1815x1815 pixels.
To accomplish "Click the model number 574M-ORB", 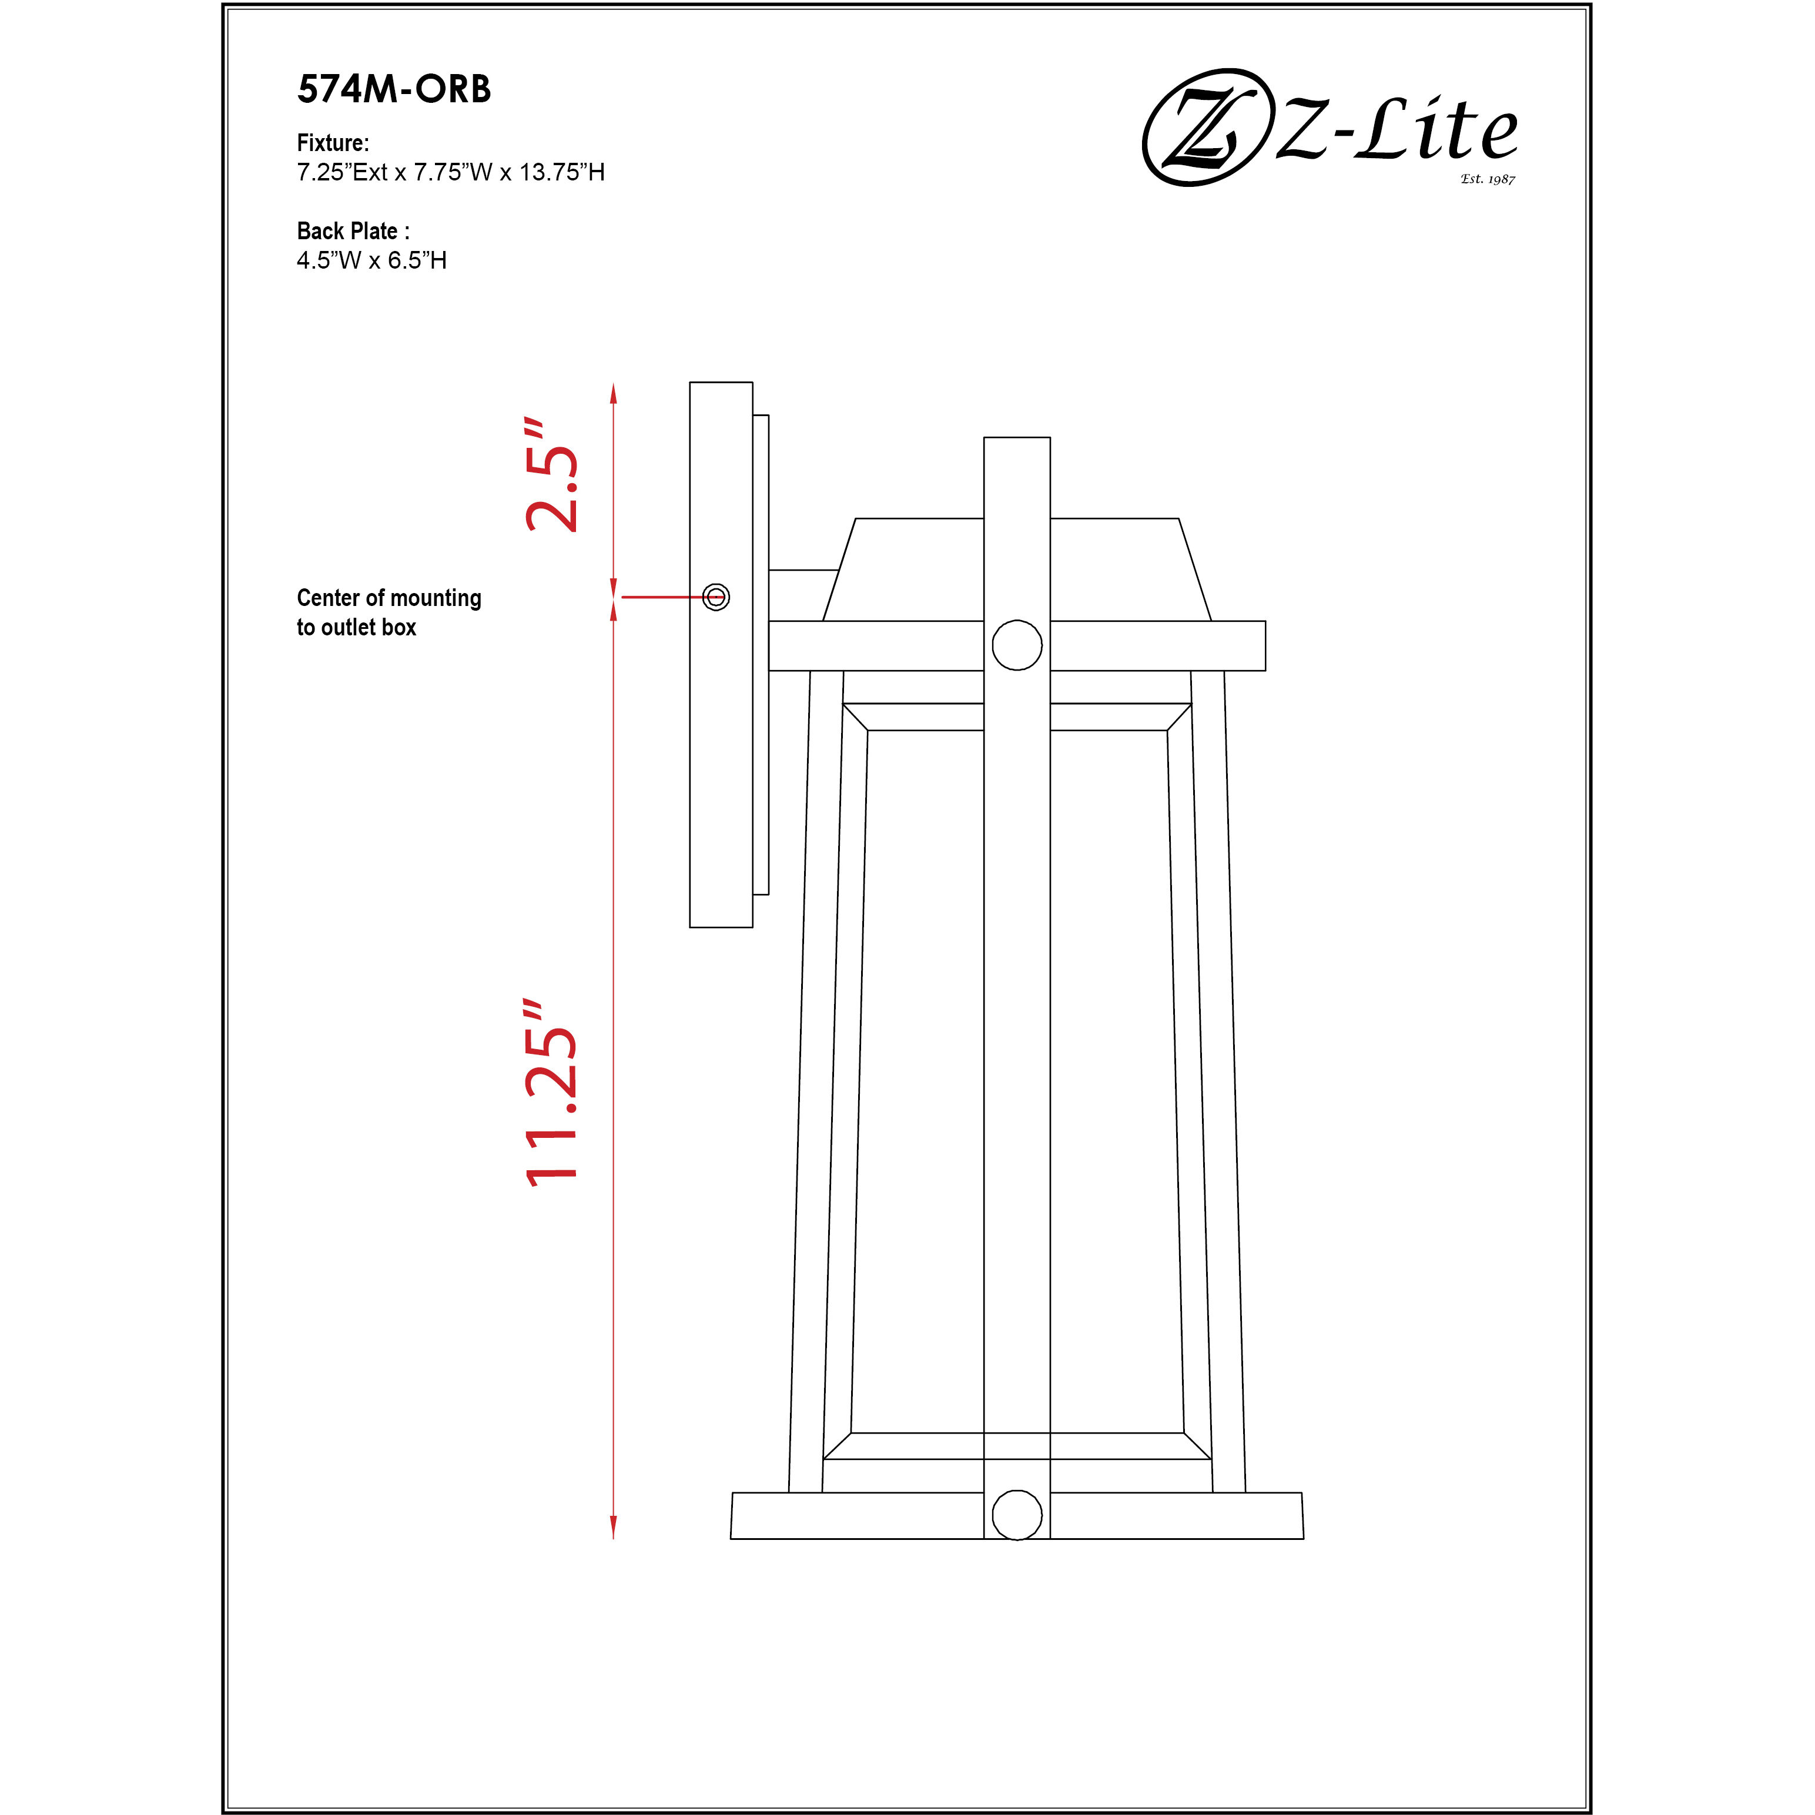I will tap(394, 89).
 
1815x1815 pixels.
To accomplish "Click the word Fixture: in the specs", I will tap(333, 143).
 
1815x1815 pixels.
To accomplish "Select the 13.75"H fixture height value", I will tap(562, 172).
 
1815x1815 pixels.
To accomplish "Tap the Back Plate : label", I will tap(352, 231).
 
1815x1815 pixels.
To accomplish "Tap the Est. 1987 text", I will tap(1487, 179).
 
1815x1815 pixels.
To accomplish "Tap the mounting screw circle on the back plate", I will tap(716, 597).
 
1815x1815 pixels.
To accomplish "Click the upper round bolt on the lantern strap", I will tap(1016, 645).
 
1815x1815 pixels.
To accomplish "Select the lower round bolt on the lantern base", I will tap(1016, 1515).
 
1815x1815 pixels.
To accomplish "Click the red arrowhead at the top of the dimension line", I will tap(614, 393).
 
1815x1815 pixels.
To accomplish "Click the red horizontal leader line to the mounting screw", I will tap(662, 597).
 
